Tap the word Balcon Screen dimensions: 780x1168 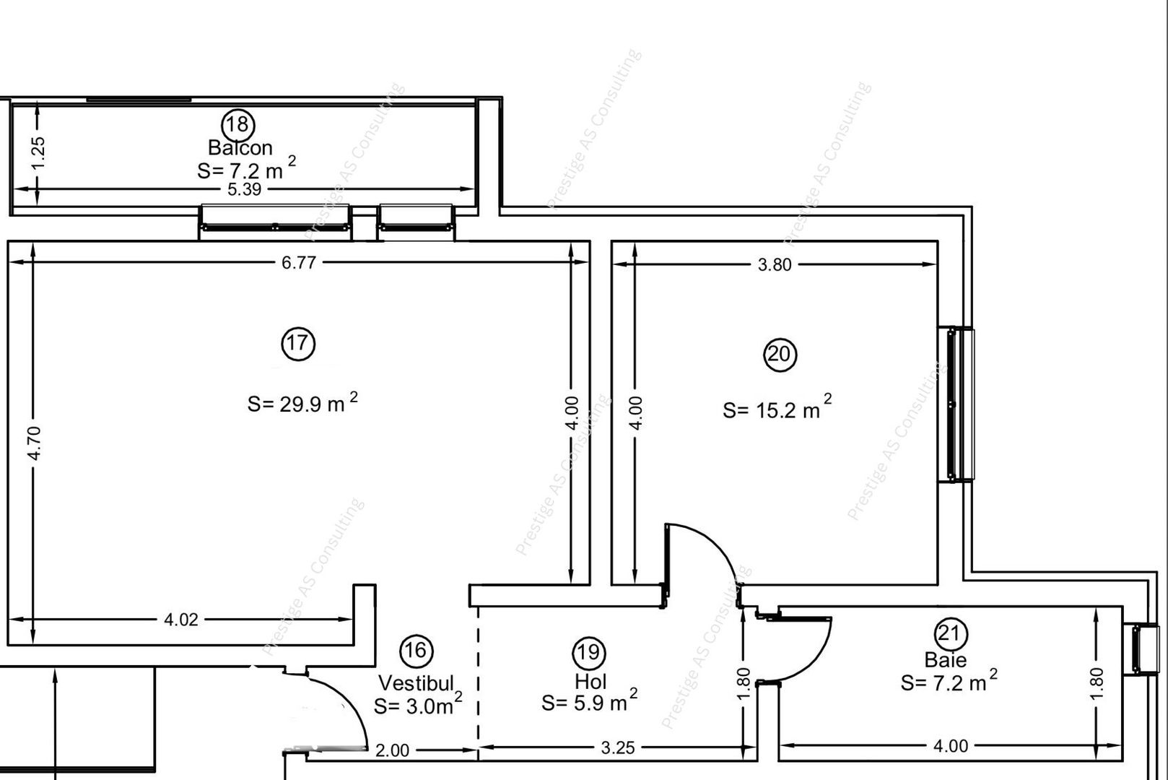pyautogui.click(x=240, y=148)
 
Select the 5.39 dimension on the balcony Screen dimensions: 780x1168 pyautogui.click(x=244, y=190)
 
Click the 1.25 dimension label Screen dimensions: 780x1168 pyautogui.click(x=38, y=153)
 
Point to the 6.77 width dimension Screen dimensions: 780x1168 pyautogui.click(x=298, y=263)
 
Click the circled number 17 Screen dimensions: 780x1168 pyautogui.click(x=298, y=343)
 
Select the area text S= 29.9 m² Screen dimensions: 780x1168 pyautogui.click(x=302, y=403)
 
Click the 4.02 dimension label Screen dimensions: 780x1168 pyautogui.click(x=180, y=620)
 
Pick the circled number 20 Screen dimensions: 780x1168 pyautogui.click(x=780, y=355)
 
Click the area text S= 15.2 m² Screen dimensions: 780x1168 pyautogui.click(x=777, y=409)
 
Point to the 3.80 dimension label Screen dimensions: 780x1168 pyautogui.click(x=775, y=265)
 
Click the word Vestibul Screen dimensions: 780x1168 pyautogui.click(x=417, y=682)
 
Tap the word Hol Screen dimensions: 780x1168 pyautogui.click(x=590, y=681)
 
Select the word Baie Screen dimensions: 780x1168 pyautogui.click(x=945, y=659)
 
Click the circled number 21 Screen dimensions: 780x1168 pyautogui.click(x=951, y=634)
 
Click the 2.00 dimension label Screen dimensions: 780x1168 pyautogui.click(x=393, y=750)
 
